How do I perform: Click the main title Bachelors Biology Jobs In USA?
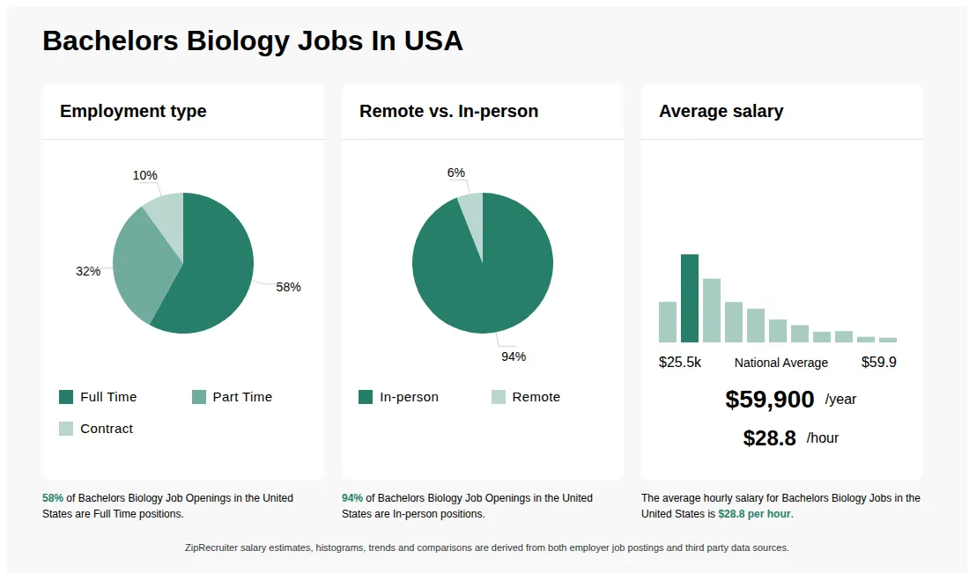pos(252,40)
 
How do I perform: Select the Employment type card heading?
pos(133,111)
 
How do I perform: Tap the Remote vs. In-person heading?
pos(448,111)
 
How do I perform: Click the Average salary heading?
pos(721,111)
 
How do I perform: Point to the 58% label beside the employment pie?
pos(288,287)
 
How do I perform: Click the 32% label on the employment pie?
pos(88,271)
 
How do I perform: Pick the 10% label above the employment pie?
pos(144,175)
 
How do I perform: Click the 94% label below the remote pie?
pos(514,356)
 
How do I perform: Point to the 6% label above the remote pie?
pos(455,173)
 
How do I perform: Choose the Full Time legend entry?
pos(98,397)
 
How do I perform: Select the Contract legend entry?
pos(96,429)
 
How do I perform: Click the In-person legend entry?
pos(398,397)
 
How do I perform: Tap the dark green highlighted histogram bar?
pos(690,298)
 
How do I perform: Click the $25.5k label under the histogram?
pos(680,362)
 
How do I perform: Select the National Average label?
pos(780,363)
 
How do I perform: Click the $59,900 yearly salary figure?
pos(769,400)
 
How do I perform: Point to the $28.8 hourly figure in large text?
pos(769,438)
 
